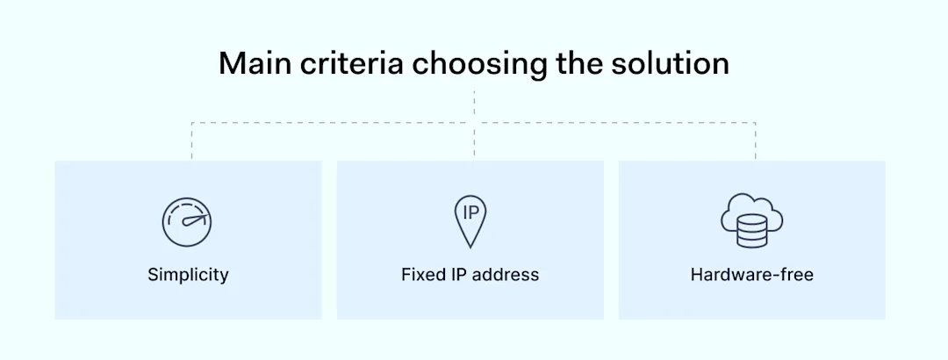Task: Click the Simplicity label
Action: point(188,275)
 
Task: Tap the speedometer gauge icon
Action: point(187,221)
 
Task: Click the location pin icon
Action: point(470,221)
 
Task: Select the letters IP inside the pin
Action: point(470,213)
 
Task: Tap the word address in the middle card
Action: point(507,275)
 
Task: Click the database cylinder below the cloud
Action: point(753,233)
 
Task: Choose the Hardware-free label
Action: point(752,275)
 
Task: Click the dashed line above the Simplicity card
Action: point(191,140)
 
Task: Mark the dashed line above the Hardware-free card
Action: point(755,140)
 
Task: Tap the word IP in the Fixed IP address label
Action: point(461,275)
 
